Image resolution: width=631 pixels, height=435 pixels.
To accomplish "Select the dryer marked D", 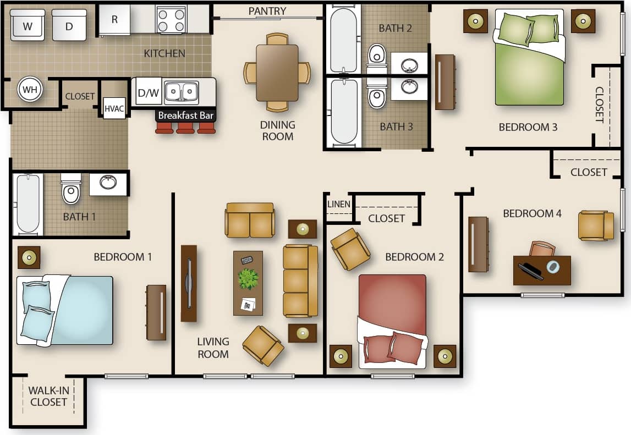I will [x=69, y=25].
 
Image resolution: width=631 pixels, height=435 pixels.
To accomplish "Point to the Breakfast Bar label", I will [x=185, y=115].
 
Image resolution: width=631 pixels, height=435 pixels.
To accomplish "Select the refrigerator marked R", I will [x=114, y=20].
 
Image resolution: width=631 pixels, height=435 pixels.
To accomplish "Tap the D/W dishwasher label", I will [x=147, y=93].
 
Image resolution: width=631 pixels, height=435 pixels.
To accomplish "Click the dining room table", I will [x=277, y=72].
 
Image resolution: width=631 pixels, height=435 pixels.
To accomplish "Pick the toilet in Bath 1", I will [x=71, y=190].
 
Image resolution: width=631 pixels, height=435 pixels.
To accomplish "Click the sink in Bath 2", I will [x=409, y=65].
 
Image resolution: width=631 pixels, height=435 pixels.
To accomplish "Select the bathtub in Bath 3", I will [x=344, y=112].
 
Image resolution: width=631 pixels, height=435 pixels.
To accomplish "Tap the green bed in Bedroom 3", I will [x=529, y=60].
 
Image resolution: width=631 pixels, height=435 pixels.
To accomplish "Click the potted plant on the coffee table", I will [x=248, y=278].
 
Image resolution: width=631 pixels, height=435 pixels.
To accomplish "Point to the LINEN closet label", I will [x=338, y=204].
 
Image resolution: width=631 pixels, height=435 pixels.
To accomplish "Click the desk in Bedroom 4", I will [x=542, y=270].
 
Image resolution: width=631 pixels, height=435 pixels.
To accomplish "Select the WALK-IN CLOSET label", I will [x=48, y=396].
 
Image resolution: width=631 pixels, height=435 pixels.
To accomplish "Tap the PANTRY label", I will [x=267, y=11].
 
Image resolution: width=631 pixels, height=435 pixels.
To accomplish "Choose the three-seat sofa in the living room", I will [x=300, y=280].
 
